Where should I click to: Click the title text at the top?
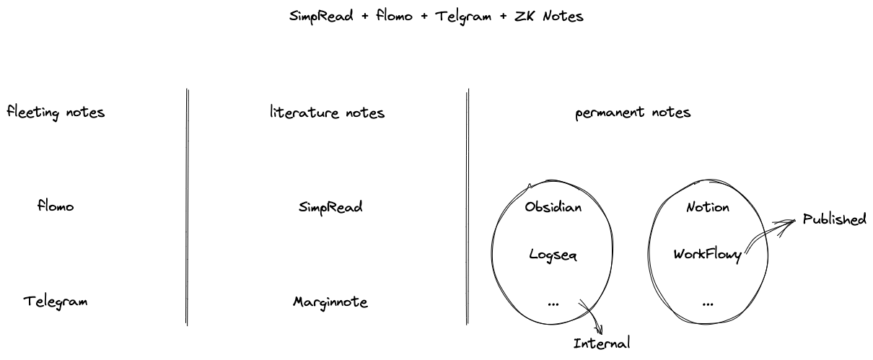coord(436,16)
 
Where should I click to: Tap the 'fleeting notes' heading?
coord(56,113)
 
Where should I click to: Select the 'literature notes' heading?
coord(327,113)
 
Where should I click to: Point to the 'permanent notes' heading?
coord(633,113)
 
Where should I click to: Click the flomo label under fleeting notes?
coord(56,206)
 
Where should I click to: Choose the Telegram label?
coord(56,301)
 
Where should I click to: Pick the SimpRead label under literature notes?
coord(330,207)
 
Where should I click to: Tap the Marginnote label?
coord(330,302)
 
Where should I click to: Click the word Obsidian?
coord(553,207)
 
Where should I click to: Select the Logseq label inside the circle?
coord(553,255)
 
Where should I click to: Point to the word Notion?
coord(708,207)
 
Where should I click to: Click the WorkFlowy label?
coord(708,255)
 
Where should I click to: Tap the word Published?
coord(835,219)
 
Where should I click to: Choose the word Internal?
coord(602,343)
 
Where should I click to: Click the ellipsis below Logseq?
coord(553,304)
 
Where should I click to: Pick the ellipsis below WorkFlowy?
coord(708,304)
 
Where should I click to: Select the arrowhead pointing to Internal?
coord(597,328)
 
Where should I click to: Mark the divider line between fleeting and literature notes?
coord(188,207)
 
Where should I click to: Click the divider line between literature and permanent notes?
coord(468,207)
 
